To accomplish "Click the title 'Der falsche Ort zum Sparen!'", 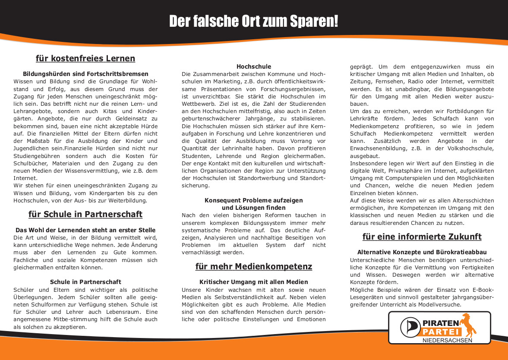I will (253, 21).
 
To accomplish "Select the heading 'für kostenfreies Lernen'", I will (85, 58).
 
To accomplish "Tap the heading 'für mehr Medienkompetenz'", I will (253, 267).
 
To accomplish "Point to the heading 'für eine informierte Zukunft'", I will (422, 237).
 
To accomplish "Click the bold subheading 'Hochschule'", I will (254, 66).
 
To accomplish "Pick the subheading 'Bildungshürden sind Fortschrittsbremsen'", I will (85, 74).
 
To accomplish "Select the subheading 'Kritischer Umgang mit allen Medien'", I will (254, 282).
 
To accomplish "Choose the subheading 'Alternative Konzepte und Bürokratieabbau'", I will (422, 252).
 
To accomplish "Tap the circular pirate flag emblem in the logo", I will (409, 328).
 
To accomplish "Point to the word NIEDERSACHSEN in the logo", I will (447, 341).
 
